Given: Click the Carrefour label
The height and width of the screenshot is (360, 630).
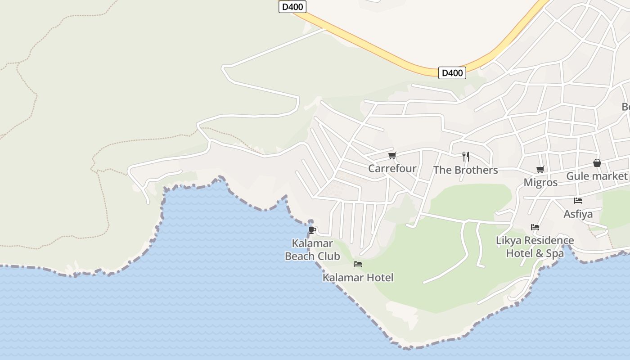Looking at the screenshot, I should tap(392, 169).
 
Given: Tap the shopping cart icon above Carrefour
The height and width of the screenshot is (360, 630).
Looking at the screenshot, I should tap(392, 156).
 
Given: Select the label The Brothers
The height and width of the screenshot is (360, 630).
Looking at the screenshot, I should tap(465, 170).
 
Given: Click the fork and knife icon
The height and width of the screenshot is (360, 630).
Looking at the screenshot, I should tap(466, 157).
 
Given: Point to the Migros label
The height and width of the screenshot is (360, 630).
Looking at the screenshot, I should tap(540, 183).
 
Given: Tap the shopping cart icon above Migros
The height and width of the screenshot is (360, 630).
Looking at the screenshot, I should tap(540, 170).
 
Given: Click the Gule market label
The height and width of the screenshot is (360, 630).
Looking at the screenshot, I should tap(596, 176).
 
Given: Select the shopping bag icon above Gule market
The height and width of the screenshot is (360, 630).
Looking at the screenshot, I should tap(597, 163).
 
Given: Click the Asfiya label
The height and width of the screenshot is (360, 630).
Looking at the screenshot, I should tap(578, 214).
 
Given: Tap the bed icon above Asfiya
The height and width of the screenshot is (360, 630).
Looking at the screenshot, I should tap(578, 201).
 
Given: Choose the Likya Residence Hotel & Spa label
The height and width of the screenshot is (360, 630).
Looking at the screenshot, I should tap(535, 247).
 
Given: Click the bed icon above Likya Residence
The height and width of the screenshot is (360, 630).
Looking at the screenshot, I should tap(535, 227).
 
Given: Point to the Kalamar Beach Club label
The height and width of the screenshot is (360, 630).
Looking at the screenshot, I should tap(312, 250).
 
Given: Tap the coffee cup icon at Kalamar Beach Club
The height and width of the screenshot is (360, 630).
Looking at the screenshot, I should tap(312, 230).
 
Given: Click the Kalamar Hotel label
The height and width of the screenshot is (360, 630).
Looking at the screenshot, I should tap(358, 278).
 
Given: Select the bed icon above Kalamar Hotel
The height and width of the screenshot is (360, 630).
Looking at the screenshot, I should tap(358, 264).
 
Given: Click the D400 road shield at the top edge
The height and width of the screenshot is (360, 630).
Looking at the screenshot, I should tap(292, 7).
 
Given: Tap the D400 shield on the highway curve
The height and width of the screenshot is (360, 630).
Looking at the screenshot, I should tap(452, 73).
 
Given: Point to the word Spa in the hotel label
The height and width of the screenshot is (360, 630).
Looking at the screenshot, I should tap(555, 253).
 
